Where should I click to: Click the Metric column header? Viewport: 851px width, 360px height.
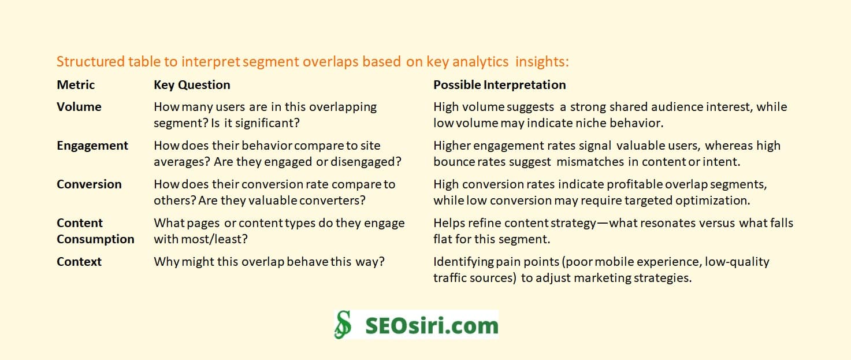76,85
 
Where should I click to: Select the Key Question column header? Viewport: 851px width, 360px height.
192,85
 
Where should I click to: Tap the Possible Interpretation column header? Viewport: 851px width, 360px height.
499,85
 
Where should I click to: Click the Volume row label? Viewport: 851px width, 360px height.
79,107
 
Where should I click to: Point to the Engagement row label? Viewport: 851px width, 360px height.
92,146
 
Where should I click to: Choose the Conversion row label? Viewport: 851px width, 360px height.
89,184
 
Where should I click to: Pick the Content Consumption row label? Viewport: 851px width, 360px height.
95,231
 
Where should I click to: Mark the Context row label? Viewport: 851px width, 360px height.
79,262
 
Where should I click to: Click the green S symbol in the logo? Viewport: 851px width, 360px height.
343,325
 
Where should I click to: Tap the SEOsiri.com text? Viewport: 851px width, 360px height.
432,325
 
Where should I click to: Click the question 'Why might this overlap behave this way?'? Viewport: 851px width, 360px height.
269,262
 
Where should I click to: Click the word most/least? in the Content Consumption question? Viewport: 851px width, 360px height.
221,239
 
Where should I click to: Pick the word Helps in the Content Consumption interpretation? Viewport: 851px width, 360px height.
448,223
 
